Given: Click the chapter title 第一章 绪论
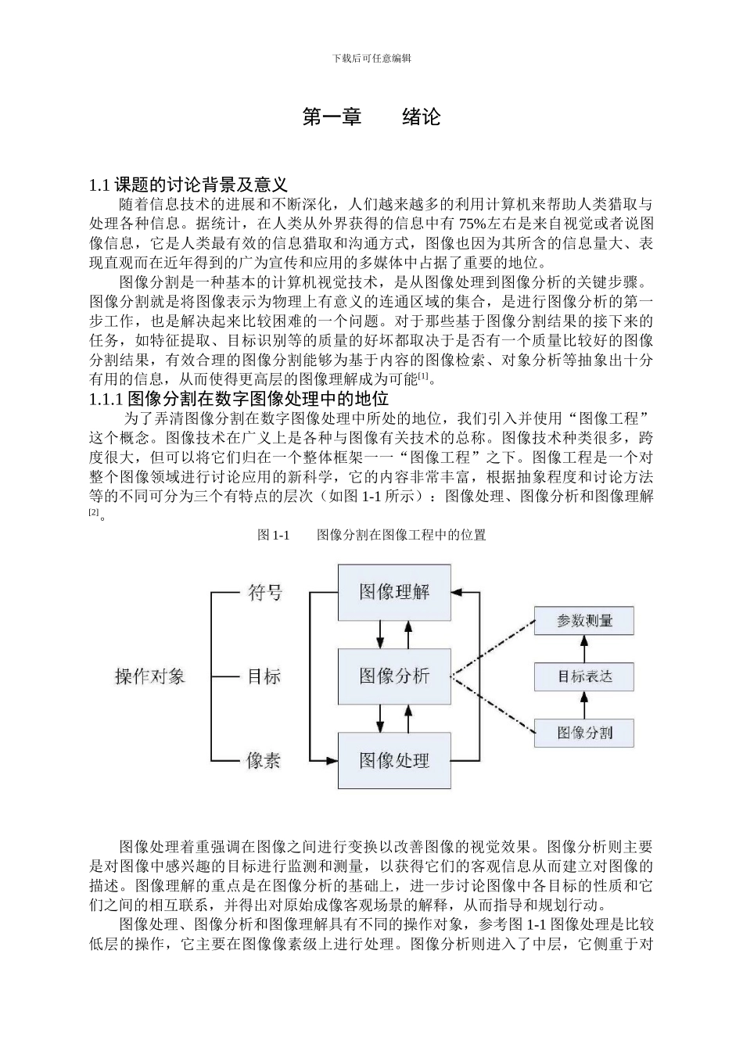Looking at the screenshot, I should pyautogui.click(x=371, y=117).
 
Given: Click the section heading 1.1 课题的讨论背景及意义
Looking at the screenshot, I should pyautogui.click(x=188, y=185).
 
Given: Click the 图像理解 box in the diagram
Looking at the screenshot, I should pyautogui.click(x=394, y=592).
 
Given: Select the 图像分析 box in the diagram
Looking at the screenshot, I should pyautogui.click(x=394, y=676).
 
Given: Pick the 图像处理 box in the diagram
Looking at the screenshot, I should pyautogui.click(x=394, y=759).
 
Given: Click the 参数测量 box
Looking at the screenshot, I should pyautogui.click(x=584, y=621).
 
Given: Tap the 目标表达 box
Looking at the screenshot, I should pyautogui.click(x=584, y=676).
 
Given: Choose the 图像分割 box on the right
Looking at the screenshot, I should pyautogui.click(x=584, y=732).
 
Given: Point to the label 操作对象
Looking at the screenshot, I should pyautogui.click(x=150, y=676).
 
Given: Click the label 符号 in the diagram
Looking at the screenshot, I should pyautogui.click(x=264, y=593).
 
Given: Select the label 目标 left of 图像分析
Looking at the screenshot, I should pyautogui.click(x=264, y=676).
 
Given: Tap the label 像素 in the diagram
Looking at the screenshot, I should pyautogui.click(x=264, y=760).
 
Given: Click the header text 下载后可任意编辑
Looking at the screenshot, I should pyautogui.click(x=371, y=58).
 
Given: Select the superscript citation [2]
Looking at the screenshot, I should pyautogui.click(x=94, y=512).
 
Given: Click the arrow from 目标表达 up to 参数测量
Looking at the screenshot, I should pyautogui.click(x=584, y=649).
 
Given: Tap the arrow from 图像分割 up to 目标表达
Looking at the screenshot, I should pyautogui.click(x=584, y=705).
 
